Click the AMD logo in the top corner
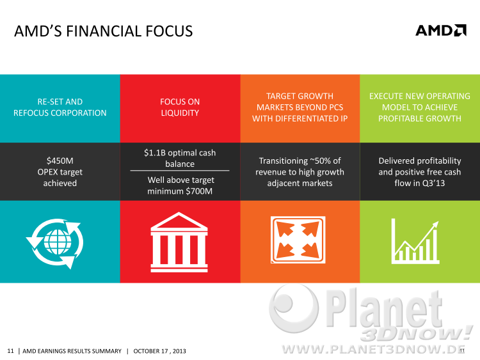pos(441,30)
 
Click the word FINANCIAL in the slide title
pos(103,31)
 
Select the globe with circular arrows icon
pos(54,244)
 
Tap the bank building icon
pos(179,242)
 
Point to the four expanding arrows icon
pos(298,240)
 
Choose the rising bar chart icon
pos(415,241)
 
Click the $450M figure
pos(60,160)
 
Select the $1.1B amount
pos(155,153)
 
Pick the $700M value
pos(199,191)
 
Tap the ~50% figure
pos(320,160)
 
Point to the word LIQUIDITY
pos(180,113)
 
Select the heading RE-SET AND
pos(60,102)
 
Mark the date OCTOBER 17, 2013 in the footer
pos(159,351)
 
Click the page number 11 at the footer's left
pos(10,351)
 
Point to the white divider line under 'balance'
pos(180,170)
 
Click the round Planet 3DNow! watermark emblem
pos(294,308)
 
